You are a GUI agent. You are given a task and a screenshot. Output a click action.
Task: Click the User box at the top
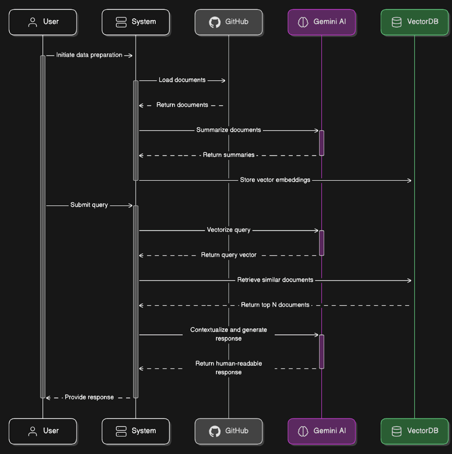pos(43,22)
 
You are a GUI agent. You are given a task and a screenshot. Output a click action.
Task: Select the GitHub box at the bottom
pos(229,431)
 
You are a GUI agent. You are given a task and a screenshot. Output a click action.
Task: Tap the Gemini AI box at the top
pos(322,22)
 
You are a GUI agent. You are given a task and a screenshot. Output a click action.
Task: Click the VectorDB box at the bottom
pos(414,431)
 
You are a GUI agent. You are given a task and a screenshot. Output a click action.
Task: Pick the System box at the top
pos(136,22)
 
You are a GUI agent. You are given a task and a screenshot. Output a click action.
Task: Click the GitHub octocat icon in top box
pos(215,22)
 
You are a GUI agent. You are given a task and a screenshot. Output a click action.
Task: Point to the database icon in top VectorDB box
pos(397,22)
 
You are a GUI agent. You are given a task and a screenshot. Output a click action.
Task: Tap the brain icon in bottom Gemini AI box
pos(303,431)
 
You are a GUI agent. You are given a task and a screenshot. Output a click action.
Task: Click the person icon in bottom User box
pos(33,431)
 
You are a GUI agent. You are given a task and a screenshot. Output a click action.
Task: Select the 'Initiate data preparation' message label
pos(89,55)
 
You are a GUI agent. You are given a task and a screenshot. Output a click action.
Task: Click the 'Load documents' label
pos(182,80)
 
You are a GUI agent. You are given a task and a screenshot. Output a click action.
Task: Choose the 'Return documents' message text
pos(182,105)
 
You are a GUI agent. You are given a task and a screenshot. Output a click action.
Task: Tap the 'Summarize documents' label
pos(229,130)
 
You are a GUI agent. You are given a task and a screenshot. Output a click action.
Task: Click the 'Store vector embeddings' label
pos(275,180)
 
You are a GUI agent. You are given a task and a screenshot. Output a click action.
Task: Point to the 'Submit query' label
pos(89,205)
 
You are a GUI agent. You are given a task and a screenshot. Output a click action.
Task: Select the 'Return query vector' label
pos(229,255)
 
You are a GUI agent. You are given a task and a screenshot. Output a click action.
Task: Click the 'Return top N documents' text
pos(275,305)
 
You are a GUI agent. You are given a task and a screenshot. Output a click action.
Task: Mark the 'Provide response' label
pos(89,397)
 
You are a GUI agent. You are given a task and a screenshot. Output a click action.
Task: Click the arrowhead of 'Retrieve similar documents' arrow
pos(409,280)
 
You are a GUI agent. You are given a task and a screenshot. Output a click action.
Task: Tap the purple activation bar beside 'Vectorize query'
pos(322,243)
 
